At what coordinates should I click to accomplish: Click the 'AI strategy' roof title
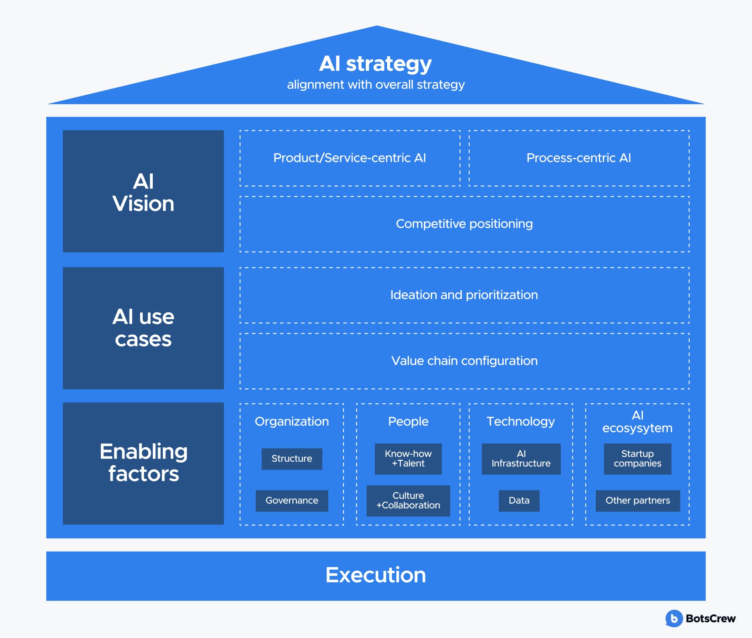[375, 64]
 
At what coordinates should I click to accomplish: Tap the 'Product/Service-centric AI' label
[350, 158]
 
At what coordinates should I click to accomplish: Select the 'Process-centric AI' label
[579, 158]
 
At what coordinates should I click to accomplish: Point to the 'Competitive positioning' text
[464, 224]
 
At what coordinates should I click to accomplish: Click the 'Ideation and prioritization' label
[464, 295]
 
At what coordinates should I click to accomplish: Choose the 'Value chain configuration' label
[464, 361]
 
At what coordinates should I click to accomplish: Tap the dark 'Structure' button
[292, 459]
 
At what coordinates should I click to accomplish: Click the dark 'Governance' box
[292, 501]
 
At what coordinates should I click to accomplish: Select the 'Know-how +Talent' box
[408, 459]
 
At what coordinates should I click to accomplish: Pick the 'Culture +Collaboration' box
[408, 501]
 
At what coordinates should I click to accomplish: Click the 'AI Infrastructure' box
[521, 459]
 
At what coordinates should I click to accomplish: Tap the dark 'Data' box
[519, 501]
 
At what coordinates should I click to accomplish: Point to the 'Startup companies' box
[638, 459]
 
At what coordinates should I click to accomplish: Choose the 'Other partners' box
[638, 501]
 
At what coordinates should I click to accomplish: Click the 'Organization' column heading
[292, 422]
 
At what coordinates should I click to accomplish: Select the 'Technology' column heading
[521, 422]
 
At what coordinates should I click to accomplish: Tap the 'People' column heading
[408, 422]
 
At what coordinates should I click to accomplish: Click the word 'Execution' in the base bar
[376, 575]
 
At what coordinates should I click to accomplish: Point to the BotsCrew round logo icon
[674, 618]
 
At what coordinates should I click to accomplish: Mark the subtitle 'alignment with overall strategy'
[376, 85]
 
